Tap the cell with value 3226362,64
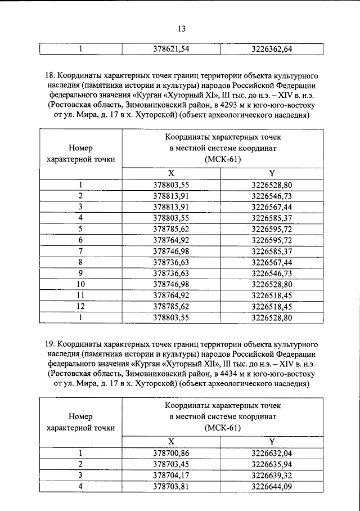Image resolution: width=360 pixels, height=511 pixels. tap(272, 49)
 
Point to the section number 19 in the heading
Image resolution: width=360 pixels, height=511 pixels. tap(49, 343)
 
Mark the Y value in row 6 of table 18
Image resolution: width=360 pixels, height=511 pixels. tap(272, 240)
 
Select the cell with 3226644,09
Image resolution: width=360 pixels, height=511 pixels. tap(272, 487)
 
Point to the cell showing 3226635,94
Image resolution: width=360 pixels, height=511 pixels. tap(272, 464)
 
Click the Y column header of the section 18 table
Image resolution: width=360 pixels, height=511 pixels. tap(272, 173)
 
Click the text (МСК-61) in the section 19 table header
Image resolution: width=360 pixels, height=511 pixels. tap(222, 428)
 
